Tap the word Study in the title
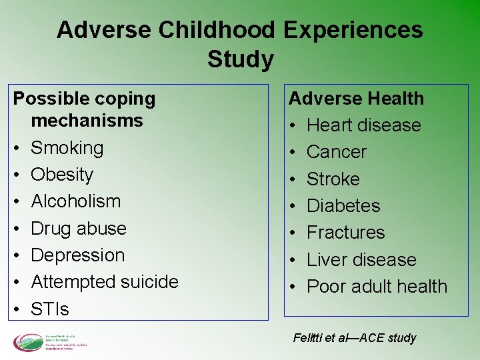(240, 59)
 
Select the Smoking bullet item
(67, 147)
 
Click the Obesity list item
(62, 175)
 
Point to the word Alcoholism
(76, 201)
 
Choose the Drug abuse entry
(79, 228)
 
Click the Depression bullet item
(78, 255)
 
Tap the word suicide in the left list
(146, 282)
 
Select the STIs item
(50, 309)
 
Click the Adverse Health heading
(356, 99)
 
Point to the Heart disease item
(363, 125)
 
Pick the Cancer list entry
(337, 152)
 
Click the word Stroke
(333, 179)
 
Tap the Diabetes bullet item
(343, 206)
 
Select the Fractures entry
(346, 233)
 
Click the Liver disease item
(361, 260)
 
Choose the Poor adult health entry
(377, 287)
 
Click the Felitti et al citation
(355, 338)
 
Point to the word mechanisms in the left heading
(87, 121)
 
